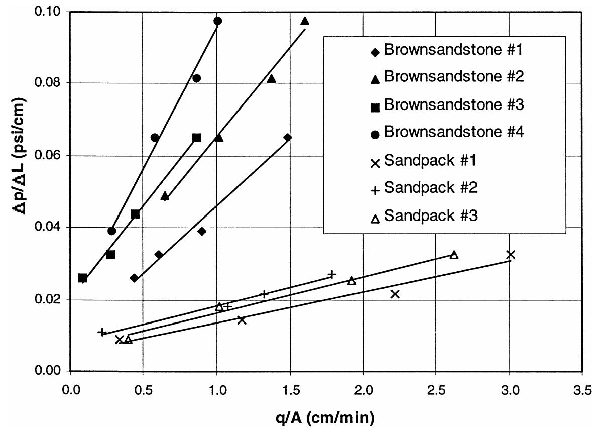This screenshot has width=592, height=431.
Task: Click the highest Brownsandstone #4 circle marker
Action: click(x=217, y=21)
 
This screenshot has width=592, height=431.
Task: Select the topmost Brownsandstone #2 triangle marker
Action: click(x=305, y=21)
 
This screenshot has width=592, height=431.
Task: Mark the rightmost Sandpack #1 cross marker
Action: click(x=511, y=254)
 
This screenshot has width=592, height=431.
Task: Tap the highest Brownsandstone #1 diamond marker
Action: click(x=287, y=138)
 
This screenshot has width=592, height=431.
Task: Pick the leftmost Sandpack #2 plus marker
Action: click(x=102, y=332)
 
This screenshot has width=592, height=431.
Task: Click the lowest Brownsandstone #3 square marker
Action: click(x=83, y=278)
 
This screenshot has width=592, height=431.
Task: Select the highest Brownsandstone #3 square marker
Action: click(x=197, y=138)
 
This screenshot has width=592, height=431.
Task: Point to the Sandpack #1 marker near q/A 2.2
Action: click(x=395, y=294)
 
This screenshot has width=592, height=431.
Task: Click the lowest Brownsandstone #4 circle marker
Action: click(x=112, y=231)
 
